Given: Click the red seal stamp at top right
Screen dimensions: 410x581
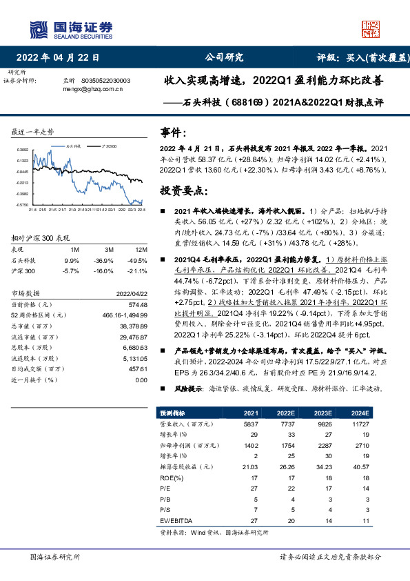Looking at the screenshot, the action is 371,28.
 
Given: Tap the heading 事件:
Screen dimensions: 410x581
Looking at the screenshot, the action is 172,132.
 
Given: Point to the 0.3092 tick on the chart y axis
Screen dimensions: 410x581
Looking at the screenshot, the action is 23,149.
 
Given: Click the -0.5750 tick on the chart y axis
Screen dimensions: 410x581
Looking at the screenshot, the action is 23,205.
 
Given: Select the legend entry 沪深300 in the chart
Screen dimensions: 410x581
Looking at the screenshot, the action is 108,146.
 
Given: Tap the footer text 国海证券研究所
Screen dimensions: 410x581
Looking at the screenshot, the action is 56,556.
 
